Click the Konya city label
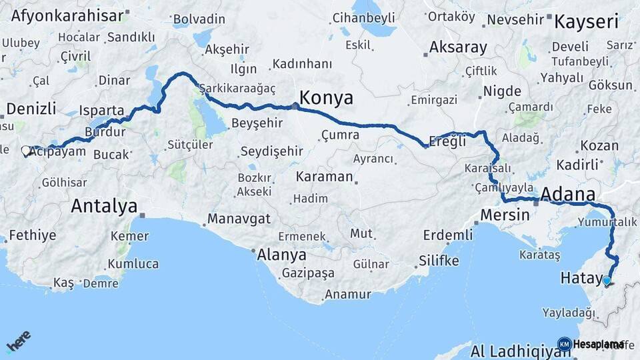click(x=326, y=98)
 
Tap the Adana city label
click(x=568, y=195)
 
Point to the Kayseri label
click(x=587, y=22)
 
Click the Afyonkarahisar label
click(x=68, y=15)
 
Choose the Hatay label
click(x=580, y=279)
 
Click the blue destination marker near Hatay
click(x=607, y=281)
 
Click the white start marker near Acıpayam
click(x=26, y=151)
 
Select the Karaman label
click(x=325, y=177)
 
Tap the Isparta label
click(x=101, y=110)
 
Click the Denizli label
click(x=31, y=109)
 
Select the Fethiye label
click(x=32, y=235)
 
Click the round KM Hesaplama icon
click(x=565, y=344)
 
